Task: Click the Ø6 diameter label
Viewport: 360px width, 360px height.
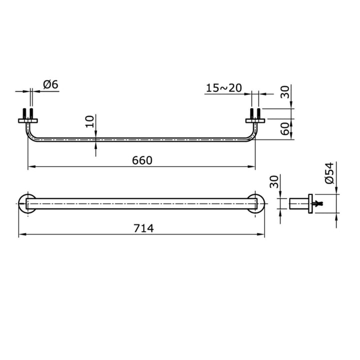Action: point(51,84)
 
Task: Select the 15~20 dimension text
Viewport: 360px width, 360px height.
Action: point(223,88)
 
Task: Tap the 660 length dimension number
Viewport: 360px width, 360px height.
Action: point(141,160)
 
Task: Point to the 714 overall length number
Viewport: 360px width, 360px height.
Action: point(143,228)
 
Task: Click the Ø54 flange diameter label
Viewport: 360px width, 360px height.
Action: point(329,173)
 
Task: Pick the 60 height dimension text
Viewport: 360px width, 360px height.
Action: point(284,129)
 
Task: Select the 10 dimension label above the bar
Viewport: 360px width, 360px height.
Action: point(89,121)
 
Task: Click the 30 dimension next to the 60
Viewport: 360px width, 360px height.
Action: point(284,92)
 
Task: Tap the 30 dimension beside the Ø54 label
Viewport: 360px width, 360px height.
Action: point(273,182)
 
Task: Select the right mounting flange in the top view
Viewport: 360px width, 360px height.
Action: point(255,120)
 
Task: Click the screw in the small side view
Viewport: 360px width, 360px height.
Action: point(318,203)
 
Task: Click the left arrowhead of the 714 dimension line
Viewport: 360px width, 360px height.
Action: point(21,234)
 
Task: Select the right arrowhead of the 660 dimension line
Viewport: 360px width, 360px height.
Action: point(252,166)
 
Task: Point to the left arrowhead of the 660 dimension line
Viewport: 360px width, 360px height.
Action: point(30,166)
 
